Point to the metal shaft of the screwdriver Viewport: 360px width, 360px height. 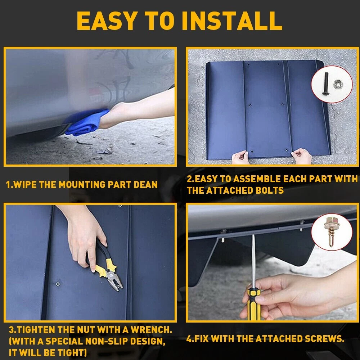point(253,262)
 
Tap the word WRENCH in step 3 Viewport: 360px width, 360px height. point(151,330)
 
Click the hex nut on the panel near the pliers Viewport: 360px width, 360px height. point(58,284)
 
